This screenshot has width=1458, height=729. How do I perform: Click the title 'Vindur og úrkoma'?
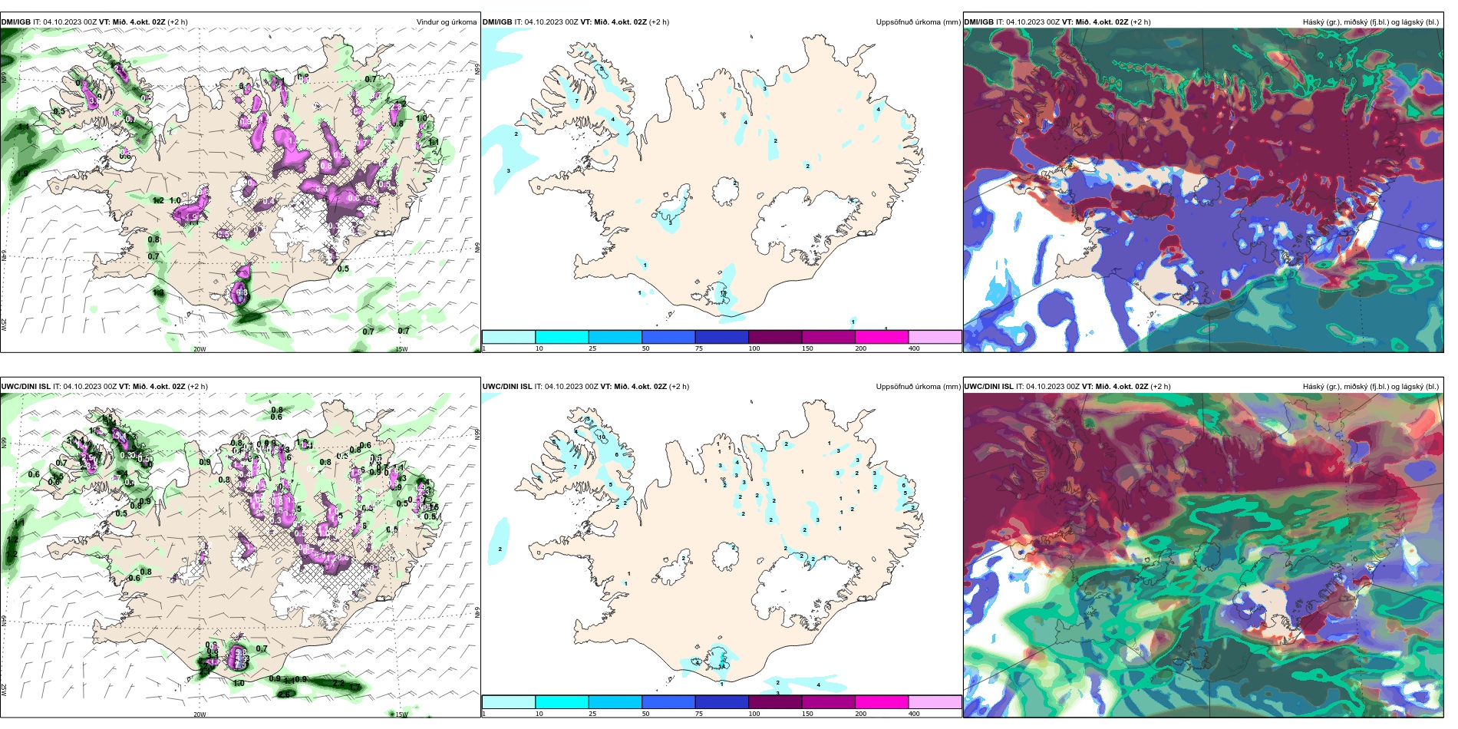point(446,22)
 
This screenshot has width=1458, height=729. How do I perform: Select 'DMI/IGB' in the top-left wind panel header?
point(15,22)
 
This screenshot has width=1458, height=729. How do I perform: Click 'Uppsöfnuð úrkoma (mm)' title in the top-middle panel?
point(918,22)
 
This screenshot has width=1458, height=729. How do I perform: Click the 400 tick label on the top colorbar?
point(914,348)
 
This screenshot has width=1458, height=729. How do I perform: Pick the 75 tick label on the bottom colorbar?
point(699,714)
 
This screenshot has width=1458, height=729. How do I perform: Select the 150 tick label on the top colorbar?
point(807,348)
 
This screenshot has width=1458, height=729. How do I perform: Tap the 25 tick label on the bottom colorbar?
point(592,714)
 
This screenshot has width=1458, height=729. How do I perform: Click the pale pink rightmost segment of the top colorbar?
point(935,337)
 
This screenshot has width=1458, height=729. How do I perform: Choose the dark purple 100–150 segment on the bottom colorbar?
point(774,702)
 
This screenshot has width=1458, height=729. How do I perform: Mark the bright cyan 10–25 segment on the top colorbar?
point(562,337)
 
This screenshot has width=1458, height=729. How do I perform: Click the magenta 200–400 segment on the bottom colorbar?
point(881,702)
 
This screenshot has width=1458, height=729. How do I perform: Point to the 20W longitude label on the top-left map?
point(200,349)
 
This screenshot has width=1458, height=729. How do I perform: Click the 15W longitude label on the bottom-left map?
point(401,714)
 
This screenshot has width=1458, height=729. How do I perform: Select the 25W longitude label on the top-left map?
point(4,325)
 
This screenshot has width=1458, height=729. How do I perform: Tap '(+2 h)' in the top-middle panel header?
point(659,22)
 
